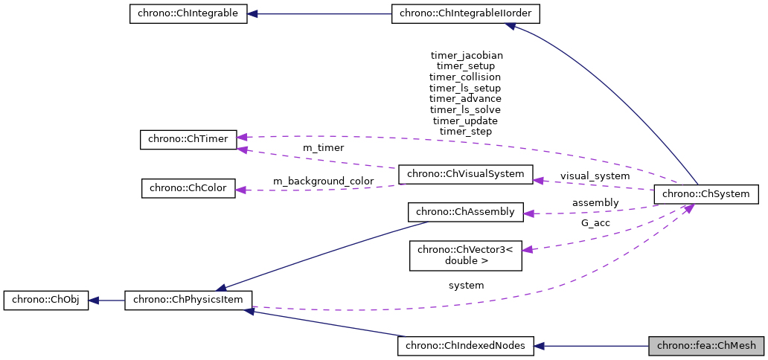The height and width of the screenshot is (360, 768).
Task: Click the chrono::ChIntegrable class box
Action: [x=188, y=14]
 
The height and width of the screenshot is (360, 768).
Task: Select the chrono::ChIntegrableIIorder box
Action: [x=466, y=14]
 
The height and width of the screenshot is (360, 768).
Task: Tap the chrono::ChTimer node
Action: [x=188, y=139]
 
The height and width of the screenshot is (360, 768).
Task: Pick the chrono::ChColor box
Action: [x=188, y=187]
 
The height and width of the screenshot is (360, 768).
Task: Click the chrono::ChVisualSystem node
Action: [x=466, y=174]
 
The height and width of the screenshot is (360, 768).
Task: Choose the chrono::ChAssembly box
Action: [x=466, y=211]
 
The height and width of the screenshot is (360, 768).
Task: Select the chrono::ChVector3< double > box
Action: [x=466, y=255]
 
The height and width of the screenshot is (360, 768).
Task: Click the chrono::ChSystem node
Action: [x=705, y=194]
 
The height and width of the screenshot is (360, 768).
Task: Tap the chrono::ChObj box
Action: [x=45, y=300]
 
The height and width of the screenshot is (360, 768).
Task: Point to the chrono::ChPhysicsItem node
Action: [x=188, y=300]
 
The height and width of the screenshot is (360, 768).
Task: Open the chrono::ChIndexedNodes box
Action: [x=466, y=345]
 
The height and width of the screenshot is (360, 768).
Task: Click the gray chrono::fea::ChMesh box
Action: [x=705, y=345]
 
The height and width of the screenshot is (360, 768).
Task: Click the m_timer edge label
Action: [x=323, y=148]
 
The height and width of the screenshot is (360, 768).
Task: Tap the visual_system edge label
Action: [x=595, y=176]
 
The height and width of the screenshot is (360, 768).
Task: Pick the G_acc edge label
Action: [x=595, y=222]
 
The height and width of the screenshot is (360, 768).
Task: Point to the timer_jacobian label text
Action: [x=467, y=55]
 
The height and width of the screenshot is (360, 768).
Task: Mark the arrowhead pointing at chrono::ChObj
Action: [x=94, y=300]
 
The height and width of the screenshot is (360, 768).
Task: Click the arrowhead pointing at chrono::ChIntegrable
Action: [x=253, y=14]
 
